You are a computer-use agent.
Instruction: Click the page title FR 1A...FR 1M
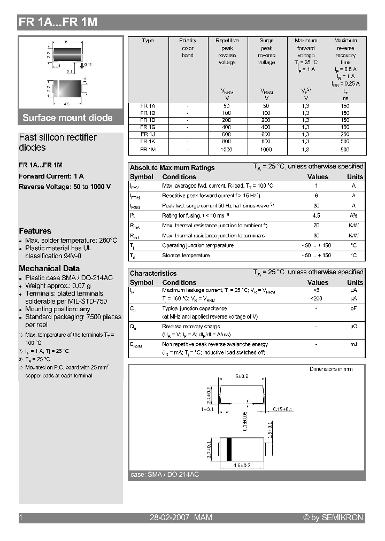coord(58,22)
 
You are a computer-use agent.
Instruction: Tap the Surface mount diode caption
coord(67,118)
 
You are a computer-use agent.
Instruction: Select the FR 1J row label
coord(148,134)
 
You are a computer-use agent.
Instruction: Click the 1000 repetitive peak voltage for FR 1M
coord(227,150)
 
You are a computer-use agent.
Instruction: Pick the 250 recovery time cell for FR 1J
coord(345,134)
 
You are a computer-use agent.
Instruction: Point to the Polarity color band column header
coord(188,48)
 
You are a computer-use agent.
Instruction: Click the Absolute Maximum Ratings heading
coord(172,167)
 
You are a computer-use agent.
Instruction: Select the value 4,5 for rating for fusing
coord(316,215)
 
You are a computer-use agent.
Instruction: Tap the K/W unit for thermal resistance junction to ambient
coord(353,226)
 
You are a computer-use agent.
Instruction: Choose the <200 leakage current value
coord(316,298)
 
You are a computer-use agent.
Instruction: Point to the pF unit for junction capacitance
coord(353,308)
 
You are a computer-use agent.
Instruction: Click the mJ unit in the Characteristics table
coord(353,344)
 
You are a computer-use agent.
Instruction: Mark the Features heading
coord(35,231)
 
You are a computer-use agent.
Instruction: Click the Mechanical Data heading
coord(49,268)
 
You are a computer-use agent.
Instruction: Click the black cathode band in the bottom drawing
coord(230,449)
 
